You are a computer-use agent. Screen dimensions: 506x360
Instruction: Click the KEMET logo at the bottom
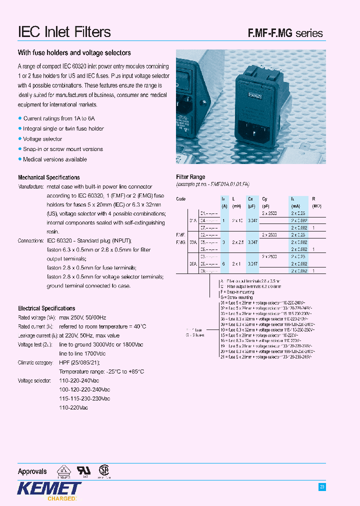point(49,488)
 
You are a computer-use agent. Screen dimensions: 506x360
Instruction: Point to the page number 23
point(322,486)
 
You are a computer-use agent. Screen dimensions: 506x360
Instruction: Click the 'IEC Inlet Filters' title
point(64,32)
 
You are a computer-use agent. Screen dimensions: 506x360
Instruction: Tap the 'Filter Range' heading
point(190,177)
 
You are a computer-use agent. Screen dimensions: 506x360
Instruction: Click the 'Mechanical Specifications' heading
point(48,177)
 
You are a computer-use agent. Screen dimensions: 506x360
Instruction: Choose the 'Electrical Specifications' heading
point(46,308)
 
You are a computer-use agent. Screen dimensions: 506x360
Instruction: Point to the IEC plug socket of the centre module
point(260,134)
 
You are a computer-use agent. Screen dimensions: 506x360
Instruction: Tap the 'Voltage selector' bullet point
point(42,139)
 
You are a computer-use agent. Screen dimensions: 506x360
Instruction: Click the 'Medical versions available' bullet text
point(55,159)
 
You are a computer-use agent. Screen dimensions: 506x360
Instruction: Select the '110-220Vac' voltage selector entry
point(73,407)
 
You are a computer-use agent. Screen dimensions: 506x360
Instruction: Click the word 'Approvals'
point(32,471)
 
